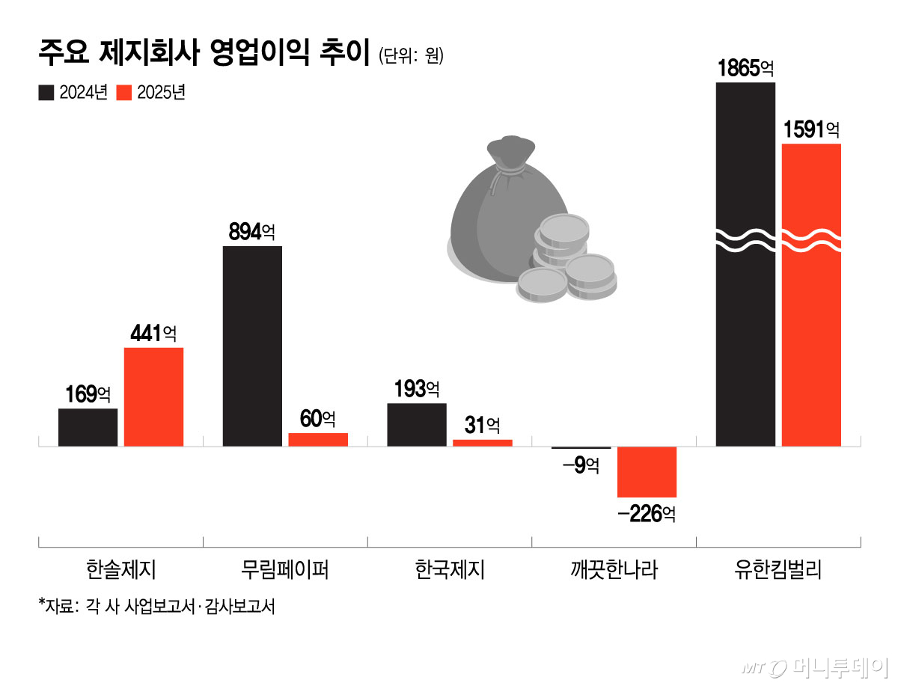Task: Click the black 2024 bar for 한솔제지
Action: (x=88, y=427)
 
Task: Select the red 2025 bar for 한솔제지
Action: (x=153, y=396)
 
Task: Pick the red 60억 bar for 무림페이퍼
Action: (x=318, y=440)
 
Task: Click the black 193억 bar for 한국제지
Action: (x=416, y=425)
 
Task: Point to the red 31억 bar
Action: (x=482, y=443)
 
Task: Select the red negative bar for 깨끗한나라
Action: (x=647, y=472)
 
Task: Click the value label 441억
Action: (x=153, y=334)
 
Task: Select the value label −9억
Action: (x=580, y=465)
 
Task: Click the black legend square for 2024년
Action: (x=46, y=93)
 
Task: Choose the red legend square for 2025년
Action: (x=125, y=93)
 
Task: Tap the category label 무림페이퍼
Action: (x=285, y=571)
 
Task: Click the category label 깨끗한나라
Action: (x=614, y=571)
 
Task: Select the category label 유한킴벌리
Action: (x=778, y=571)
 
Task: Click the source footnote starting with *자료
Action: (x=156, y=606)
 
